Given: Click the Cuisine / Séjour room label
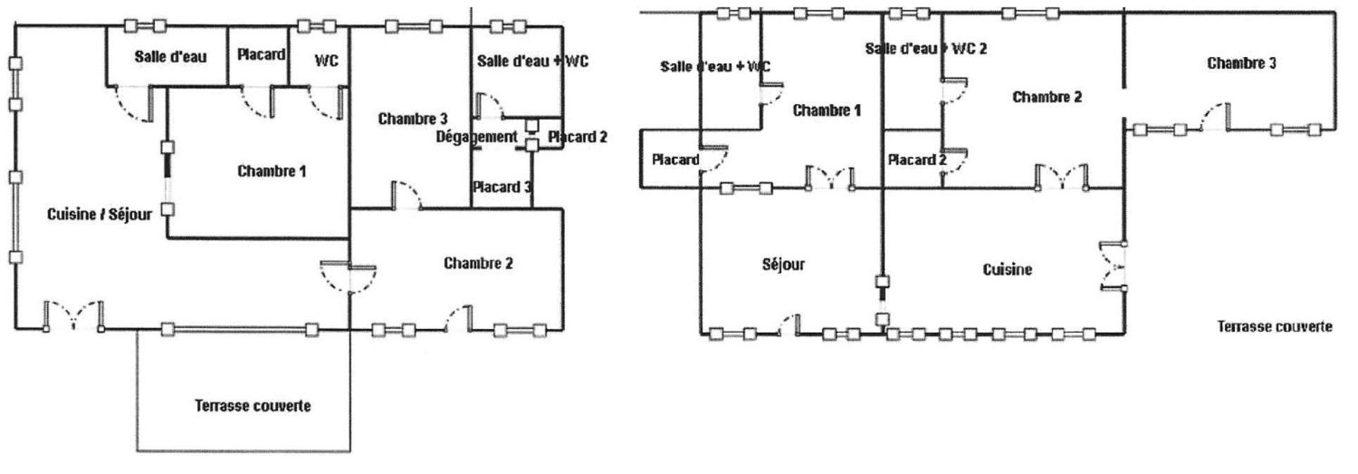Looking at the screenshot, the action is click(x=99, y=214).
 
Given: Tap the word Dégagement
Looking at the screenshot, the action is click(x=476, y=137).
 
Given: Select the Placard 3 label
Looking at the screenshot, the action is click(x=502, y=187).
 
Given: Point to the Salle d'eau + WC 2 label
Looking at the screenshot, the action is click(x=925, y=49).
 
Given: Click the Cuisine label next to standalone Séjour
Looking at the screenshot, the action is click(x=1007, y=270).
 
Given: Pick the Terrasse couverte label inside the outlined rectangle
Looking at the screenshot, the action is click(x=253, y=406).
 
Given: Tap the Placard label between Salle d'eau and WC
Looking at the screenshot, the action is click(x=261, y=54).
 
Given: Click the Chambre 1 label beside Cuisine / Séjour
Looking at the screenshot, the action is click(x=272, y=171).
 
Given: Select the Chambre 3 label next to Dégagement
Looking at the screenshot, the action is click(x=412, y=118).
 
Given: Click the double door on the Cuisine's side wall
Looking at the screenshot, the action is click(x=1113, y=266).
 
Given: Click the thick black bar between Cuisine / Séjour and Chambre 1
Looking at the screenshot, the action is click(x=167, y=166).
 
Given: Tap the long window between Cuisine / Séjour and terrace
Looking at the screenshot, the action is click(x=239, y=329).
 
